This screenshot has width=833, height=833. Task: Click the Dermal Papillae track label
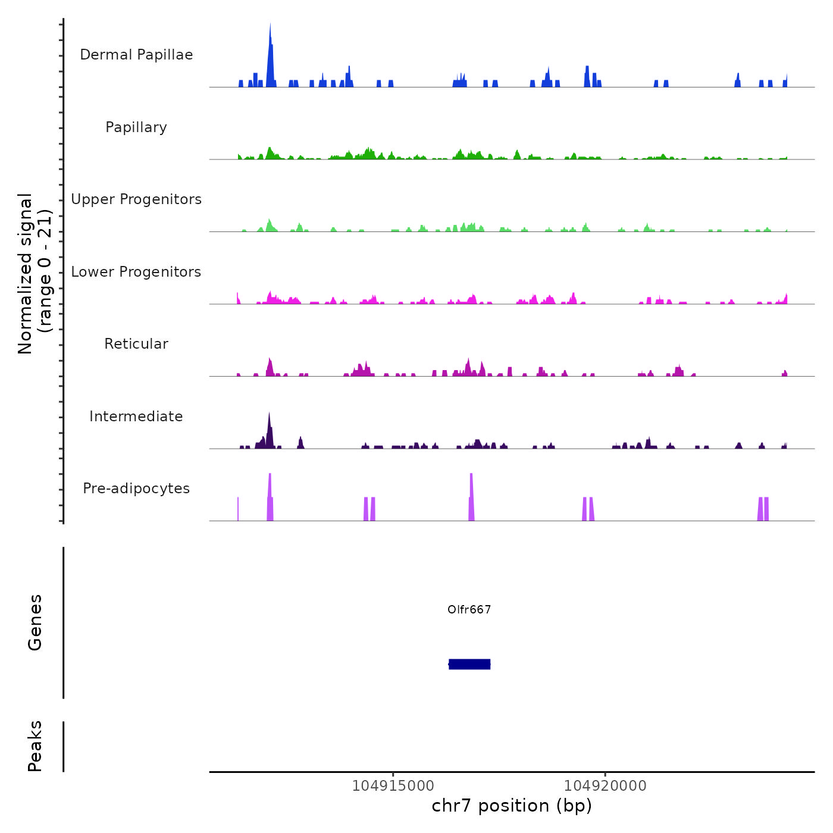point(136,55)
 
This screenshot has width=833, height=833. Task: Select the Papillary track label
point(136,127)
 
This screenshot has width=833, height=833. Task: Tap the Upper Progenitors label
point(136,199)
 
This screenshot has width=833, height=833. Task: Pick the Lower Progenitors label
point(136,272)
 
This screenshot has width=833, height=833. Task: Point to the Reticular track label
point(136,344)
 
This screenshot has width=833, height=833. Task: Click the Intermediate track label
point(136,416)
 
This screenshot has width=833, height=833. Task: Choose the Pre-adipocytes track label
point(136,488)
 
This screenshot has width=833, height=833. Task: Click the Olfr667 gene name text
point(469,609)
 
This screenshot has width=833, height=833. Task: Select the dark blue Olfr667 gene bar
point(469,664)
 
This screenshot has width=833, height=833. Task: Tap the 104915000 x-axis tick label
point(393,785)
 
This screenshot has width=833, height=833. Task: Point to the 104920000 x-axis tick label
point(605,785)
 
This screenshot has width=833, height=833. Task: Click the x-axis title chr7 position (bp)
point(512,806)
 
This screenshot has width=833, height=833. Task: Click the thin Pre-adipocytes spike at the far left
point(238,509)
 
